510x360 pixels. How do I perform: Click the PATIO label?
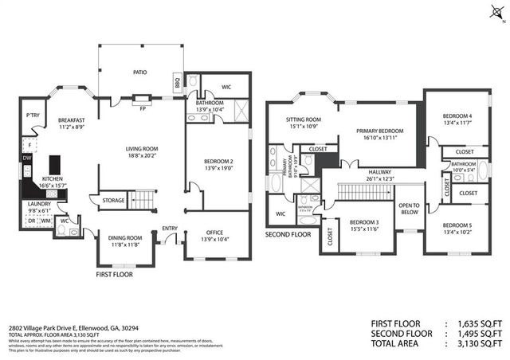pyautogui.click(x=139, y=72)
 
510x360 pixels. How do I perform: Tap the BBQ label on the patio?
pyautogui.click(x=177, y=82)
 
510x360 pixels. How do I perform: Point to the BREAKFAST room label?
pyautogui.click(x=72, y=120)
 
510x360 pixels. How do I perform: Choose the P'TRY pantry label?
pyautogui.click(x=33, y=115)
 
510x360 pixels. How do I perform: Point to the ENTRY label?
pyautogui.click(x=170, y=229)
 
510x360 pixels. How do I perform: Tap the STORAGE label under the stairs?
pyautogui.click(x=113, y=200)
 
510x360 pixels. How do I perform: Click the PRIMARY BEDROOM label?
pyautogui.click(x=376, y=131)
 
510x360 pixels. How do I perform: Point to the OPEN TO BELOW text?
pyautogui.click(x=409, y=209)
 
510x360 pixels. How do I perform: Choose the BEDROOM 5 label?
pyautogui.click(x=457, y=225)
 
